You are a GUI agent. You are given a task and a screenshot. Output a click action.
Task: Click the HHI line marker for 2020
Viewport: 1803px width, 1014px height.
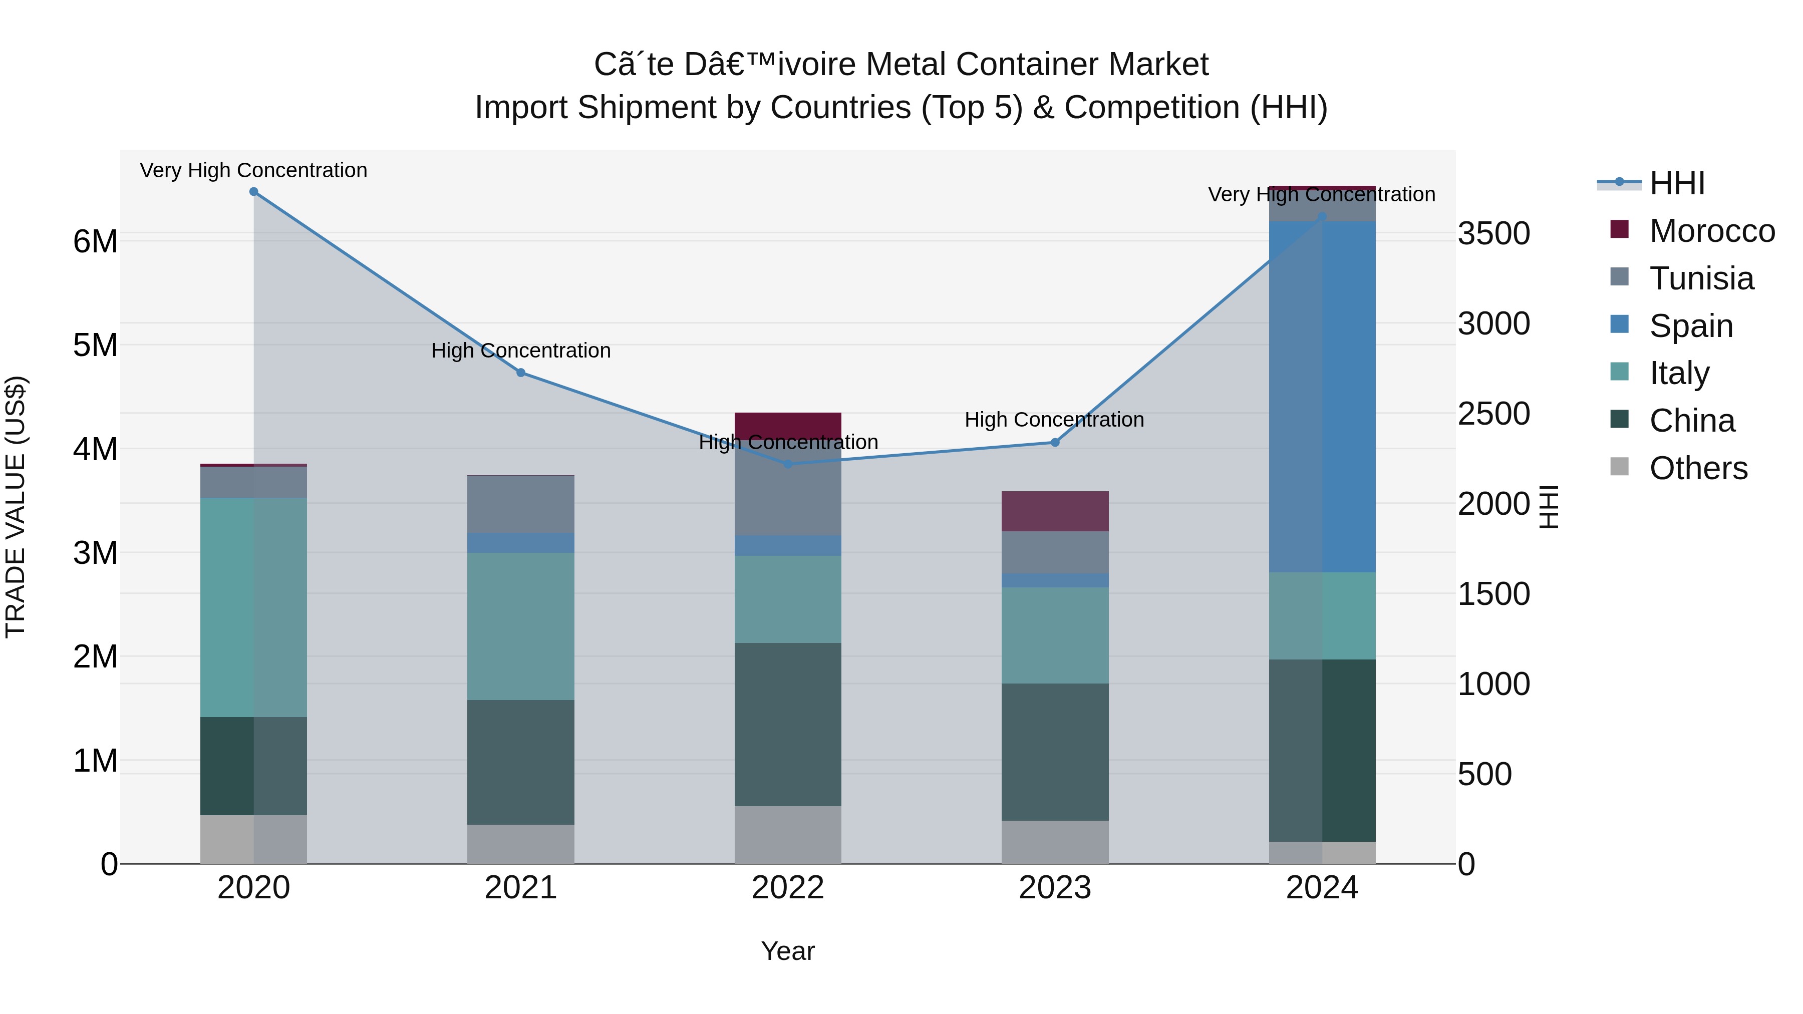tap(253, 192)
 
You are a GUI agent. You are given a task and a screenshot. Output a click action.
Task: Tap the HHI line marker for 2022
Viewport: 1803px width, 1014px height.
tap(788, 464)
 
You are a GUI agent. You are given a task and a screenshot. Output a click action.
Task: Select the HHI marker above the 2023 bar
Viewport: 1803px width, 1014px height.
tap(1055, 442)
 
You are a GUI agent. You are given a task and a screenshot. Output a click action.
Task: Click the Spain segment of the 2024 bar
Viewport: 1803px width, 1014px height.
tap(1322, 397)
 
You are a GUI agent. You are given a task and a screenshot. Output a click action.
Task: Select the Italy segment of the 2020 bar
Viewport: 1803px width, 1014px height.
tap(253, 607)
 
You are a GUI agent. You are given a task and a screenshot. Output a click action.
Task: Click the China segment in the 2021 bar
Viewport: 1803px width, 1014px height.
tap(521, 762)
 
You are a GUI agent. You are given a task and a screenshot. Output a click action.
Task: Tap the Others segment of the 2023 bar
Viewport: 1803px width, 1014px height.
tap(1055, 842)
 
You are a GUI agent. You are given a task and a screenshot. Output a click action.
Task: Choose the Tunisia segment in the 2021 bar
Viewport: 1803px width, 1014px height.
tap(521, 505)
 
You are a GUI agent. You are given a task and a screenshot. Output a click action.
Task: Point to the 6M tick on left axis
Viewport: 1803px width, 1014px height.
tap(95, 241)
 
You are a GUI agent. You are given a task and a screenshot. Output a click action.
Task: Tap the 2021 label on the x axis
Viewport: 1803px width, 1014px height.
tap(521, 888)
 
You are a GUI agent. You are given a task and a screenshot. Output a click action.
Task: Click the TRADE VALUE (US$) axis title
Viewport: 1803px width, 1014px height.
tap(16, 507)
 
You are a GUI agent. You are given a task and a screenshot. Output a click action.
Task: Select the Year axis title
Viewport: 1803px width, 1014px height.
tap(788, 951)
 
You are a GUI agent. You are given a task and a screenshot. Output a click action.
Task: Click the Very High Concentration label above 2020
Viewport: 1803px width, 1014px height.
tap(253, 170)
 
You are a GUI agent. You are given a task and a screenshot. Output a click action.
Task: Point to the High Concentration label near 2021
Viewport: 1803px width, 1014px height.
tap(521, 350)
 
